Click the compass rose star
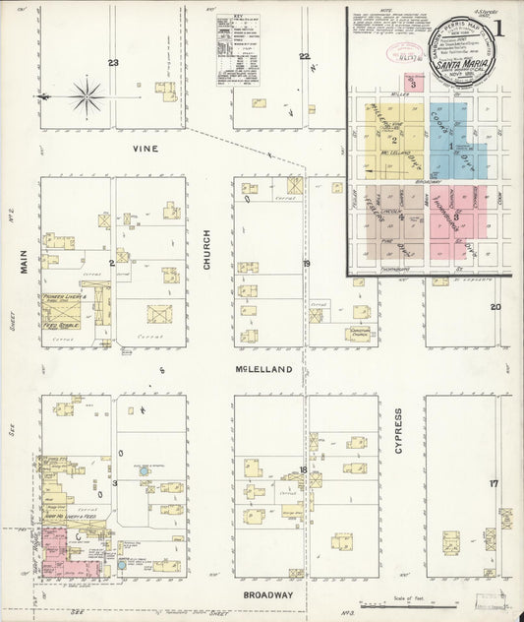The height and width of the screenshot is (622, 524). click(x=87, y=96)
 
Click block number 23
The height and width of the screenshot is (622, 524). click(x=113, y=63)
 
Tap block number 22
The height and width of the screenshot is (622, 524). click(x=304, y=56)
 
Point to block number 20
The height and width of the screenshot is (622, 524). click(x=495, y=307)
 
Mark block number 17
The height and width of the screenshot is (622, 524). click(x=495, y=483)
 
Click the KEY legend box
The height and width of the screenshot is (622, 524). click(x=239, y=50)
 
